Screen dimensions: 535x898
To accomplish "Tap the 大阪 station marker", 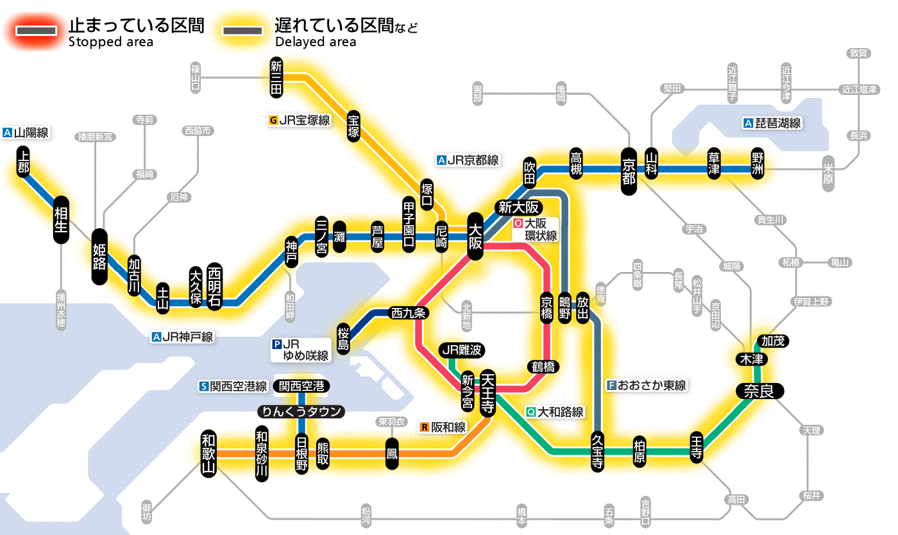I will pos(475,236).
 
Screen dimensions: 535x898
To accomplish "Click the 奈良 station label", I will pos(759,391).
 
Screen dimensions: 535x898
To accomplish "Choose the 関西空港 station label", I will pos(301,386).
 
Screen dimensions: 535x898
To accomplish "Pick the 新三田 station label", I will pos(276,77).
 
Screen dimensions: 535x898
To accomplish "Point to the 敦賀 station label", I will pos(859,53).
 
